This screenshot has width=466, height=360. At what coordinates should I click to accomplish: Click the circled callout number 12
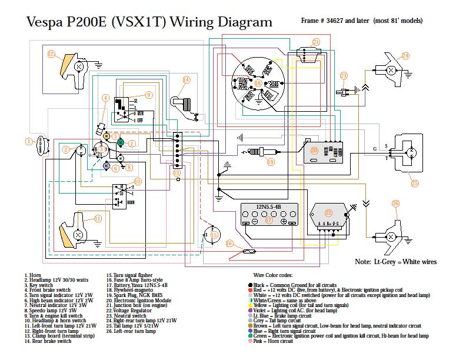(51, 54)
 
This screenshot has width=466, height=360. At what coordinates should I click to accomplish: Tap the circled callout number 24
(405, 56)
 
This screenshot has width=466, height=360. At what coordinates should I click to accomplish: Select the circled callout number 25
(415, 183)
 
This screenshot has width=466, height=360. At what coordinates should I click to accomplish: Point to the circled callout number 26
(395, 204)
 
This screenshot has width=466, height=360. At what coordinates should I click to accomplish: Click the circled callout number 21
(316, 42)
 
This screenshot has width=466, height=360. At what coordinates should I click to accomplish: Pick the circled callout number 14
(186, 79)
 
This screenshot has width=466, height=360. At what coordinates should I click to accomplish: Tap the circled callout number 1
(28, 141)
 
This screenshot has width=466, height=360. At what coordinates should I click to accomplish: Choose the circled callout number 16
(230, 243)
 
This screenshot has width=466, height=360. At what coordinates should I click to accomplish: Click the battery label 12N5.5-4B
(269, 207)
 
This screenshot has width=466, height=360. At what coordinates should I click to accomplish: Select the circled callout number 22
(329, 212)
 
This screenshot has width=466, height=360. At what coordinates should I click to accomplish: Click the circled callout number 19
(270, 162)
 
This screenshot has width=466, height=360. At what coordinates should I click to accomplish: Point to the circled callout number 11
(98, 218)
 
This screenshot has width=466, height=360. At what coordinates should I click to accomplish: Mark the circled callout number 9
(148, 94)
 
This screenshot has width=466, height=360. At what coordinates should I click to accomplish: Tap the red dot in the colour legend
(251, 289)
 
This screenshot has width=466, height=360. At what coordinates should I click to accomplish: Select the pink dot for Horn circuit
(251, 341)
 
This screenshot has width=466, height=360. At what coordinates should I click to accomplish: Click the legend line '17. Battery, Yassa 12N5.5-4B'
(137, 285)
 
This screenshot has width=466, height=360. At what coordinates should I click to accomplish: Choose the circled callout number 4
(105, 98)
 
